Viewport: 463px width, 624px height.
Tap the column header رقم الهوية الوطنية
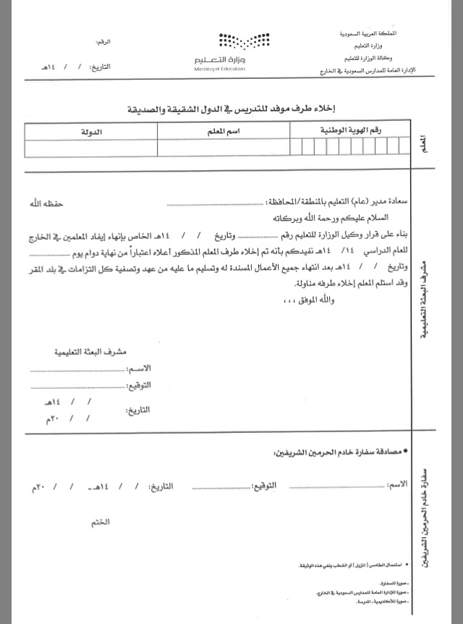click(x=350, y=131)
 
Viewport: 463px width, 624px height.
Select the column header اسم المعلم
click(x=224, y=132)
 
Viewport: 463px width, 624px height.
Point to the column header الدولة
click(x=90, y=132)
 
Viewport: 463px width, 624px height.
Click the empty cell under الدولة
click(x=90, y=148)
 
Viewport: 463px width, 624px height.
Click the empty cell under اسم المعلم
click(x=224, y=148)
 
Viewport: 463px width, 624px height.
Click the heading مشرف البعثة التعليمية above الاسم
click(x=90, y=353)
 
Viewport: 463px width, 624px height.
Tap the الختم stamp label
click(x=101, y=521)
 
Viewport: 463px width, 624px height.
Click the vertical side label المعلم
click(x=421, y=141)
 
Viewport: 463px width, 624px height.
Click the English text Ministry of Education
click(x=220, y=68)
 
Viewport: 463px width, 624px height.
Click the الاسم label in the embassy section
click(x=396, y=483)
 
